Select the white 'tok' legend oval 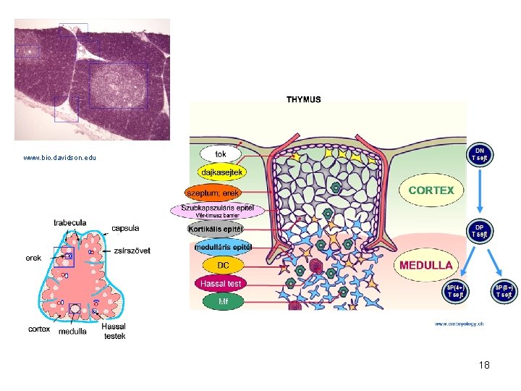click(221, 154)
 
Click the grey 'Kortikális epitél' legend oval click(216, 230)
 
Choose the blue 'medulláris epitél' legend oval click(222, 247)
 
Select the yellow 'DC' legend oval click(222, 265)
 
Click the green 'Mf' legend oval click(222, 300)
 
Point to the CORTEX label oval click(431, 190)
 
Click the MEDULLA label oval click(427, 265)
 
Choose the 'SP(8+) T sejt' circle click(504, 291)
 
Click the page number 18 click(484, 365)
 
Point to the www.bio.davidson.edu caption click(59, 157)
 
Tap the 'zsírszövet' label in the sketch click(132, 251)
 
